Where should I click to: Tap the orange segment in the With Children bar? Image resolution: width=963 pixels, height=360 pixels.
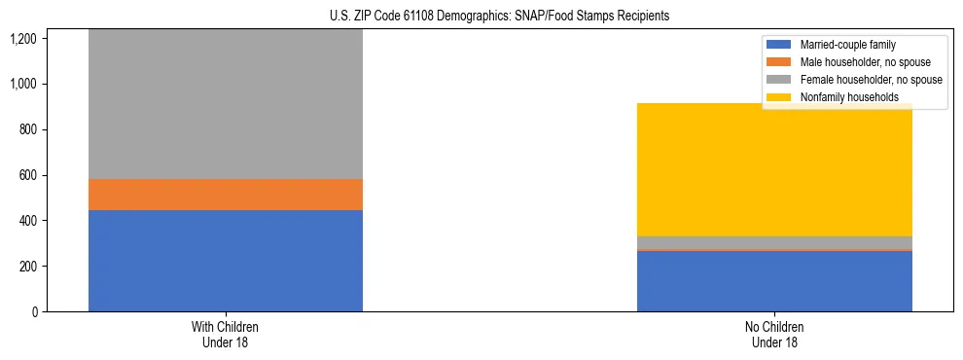tap(225, 195)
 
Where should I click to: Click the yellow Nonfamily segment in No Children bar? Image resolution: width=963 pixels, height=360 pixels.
tap(774, 170)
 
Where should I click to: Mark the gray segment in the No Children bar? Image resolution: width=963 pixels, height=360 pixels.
tap(774, 243)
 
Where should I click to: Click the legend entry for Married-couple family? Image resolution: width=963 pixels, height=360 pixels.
tap(847, 45)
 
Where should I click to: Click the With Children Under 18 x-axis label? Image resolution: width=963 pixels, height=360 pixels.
tap(225, 335)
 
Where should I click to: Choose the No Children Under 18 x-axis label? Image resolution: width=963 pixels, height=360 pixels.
tap(774, 335)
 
